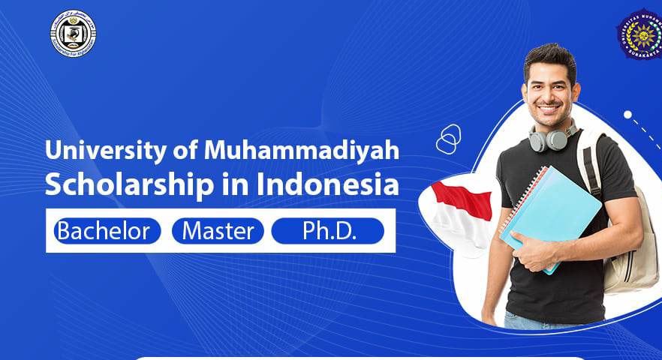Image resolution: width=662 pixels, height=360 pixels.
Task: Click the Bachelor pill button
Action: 104,231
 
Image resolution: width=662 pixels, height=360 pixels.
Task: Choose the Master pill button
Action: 218,231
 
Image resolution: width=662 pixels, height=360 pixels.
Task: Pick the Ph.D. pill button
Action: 327,231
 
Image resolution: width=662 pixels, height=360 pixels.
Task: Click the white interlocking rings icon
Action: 448,139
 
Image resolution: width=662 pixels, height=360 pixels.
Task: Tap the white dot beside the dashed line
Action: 627,115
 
